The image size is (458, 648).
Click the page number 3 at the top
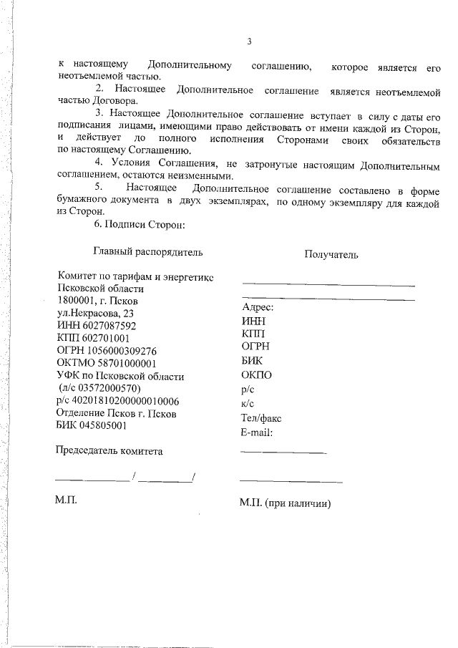pyautogui.click(x=248, y=42)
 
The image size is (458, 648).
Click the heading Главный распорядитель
pyautogui.click(x=148, y=251)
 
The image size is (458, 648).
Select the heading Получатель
pyautogui.click(x=331, y=254)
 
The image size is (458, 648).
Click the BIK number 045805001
pyautogui.click(x=103, y=426)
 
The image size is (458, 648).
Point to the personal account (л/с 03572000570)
pyautogui.click(x=104, y=388)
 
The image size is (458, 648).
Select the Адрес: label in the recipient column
pyautogui.click(x=259, y=308)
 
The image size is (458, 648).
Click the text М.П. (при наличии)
pyautogui.click(x=286, y=503)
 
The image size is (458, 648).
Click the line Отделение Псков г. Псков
pyautogui.click(x=116, y=413)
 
